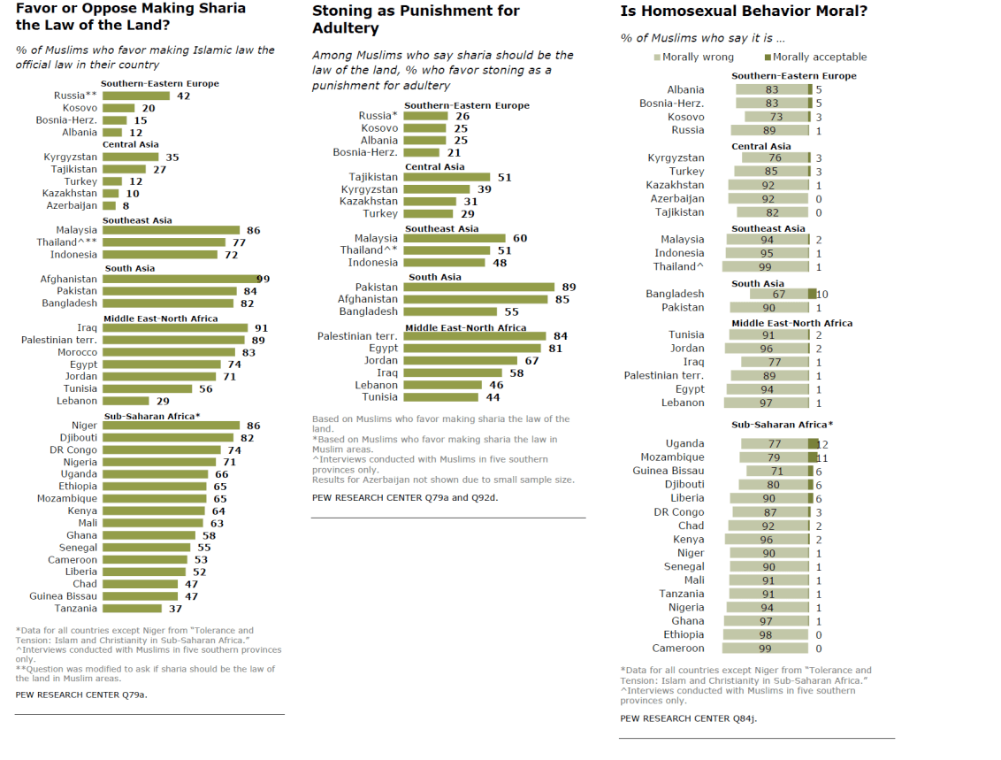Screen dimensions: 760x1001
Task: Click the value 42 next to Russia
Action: [x=184, y=96]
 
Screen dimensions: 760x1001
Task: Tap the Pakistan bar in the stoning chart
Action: [x=478, y=288]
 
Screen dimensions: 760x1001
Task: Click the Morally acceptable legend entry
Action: [x=815, y=57]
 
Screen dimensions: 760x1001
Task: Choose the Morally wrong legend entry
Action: [x=693, y=57]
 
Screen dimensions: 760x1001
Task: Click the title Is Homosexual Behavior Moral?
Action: [x=743, y=12]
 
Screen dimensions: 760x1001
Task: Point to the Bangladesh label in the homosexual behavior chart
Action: [x=675, y=294]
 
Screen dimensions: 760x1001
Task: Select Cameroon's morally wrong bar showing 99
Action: [x=767, y=649]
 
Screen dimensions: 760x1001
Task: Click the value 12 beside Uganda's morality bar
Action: [x=822, y=443]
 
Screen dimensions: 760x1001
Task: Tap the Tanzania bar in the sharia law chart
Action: [x=132, y=608]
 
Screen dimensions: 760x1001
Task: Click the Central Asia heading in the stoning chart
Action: [x=434, y=166]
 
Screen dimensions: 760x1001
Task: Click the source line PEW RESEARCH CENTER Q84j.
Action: [x=688, y=718]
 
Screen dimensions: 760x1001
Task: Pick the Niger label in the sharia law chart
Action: [x=84, y=426]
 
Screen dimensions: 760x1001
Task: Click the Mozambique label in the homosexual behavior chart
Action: [x=672, y=457]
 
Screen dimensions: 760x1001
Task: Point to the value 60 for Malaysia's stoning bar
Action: [x=520, y=238]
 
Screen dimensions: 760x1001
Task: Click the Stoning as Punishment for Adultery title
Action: [x=416, y=19]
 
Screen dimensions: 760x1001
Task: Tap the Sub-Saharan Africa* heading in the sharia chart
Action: [x=151, y=415]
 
